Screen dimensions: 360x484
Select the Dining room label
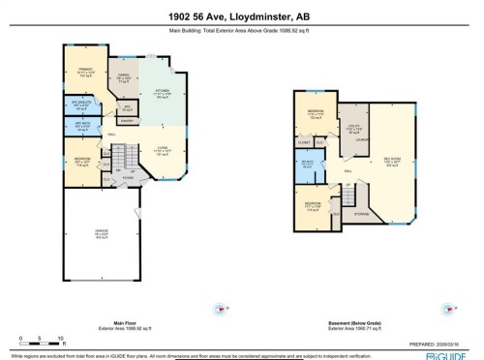[x=123, y=79]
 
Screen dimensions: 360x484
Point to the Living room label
[x=163, y=148]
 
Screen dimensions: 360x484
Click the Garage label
[x=101, y=235]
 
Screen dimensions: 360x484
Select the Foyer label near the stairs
[x=128, y=177]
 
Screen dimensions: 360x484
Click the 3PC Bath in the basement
[x=307, y=164]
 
